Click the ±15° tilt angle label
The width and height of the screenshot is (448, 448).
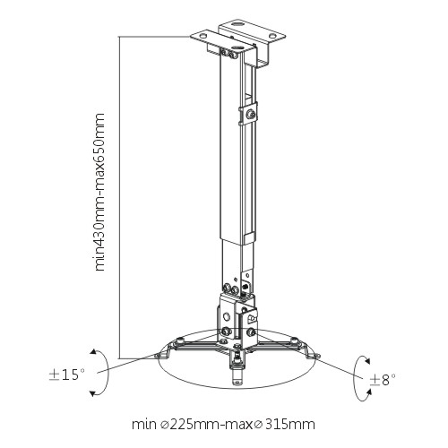pyautogui.click(x=67, y=375)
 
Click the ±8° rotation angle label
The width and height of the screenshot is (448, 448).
pyautogui.click(x=383, y=380)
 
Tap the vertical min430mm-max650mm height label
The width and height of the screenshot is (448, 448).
pyautogui.click(x=99, y=192)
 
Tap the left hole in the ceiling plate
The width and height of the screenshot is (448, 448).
pyautogui.click(x=203, y=35)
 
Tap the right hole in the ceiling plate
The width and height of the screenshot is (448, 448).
pyautogui.click(x=272, y=36)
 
